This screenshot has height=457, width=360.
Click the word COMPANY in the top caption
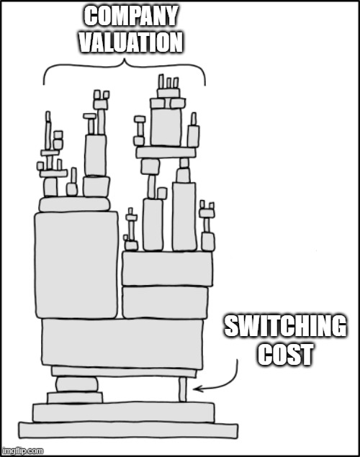click(130, 16)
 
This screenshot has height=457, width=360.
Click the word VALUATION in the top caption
click(130, 42)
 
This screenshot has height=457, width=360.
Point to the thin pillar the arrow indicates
click(183, 389)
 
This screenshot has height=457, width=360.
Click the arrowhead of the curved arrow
click(196, 389)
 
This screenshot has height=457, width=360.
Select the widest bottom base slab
click(127, 430)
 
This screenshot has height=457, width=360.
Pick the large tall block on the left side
click(76, 265)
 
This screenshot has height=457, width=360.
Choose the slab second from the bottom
click(123, 412)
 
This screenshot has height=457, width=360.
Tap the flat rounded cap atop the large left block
click(75, 204)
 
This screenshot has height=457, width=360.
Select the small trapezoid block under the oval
click(76, 398)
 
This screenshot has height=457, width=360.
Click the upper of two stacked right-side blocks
click(167, 268)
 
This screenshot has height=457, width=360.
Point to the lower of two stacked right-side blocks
click(165, 302)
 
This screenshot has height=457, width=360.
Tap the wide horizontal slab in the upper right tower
click(166, 152)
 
